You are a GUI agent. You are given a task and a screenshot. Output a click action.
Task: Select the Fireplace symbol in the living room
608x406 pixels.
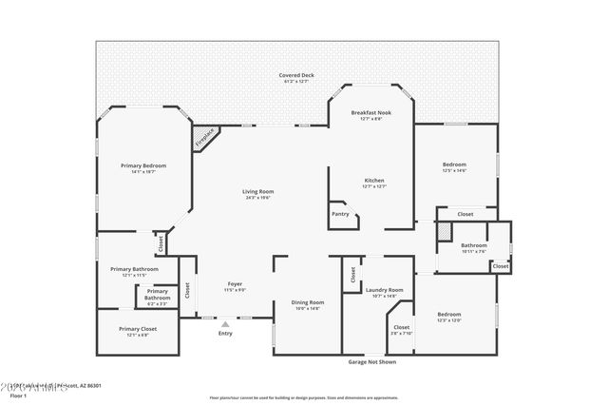point(205,137)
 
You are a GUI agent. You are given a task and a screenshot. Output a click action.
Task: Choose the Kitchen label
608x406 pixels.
point(374,181)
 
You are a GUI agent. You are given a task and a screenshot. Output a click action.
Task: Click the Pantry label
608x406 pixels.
point(340,214)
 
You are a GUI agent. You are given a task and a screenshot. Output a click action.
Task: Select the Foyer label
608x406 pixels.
point(234,284)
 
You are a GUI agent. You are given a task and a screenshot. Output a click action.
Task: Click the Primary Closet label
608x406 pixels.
point(138,328)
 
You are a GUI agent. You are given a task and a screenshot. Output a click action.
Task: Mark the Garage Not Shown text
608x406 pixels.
point(371,362)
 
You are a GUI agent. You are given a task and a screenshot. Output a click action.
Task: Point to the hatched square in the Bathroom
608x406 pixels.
point(443,231)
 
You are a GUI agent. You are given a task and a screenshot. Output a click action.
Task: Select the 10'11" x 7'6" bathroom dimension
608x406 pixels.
point(474,252)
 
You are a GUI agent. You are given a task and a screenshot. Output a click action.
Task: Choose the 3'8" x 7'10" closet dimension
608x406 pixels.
point(402,334)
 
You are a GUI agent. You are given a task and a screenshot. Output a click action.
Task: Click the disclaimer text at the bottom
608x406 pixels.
point(305,397)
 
